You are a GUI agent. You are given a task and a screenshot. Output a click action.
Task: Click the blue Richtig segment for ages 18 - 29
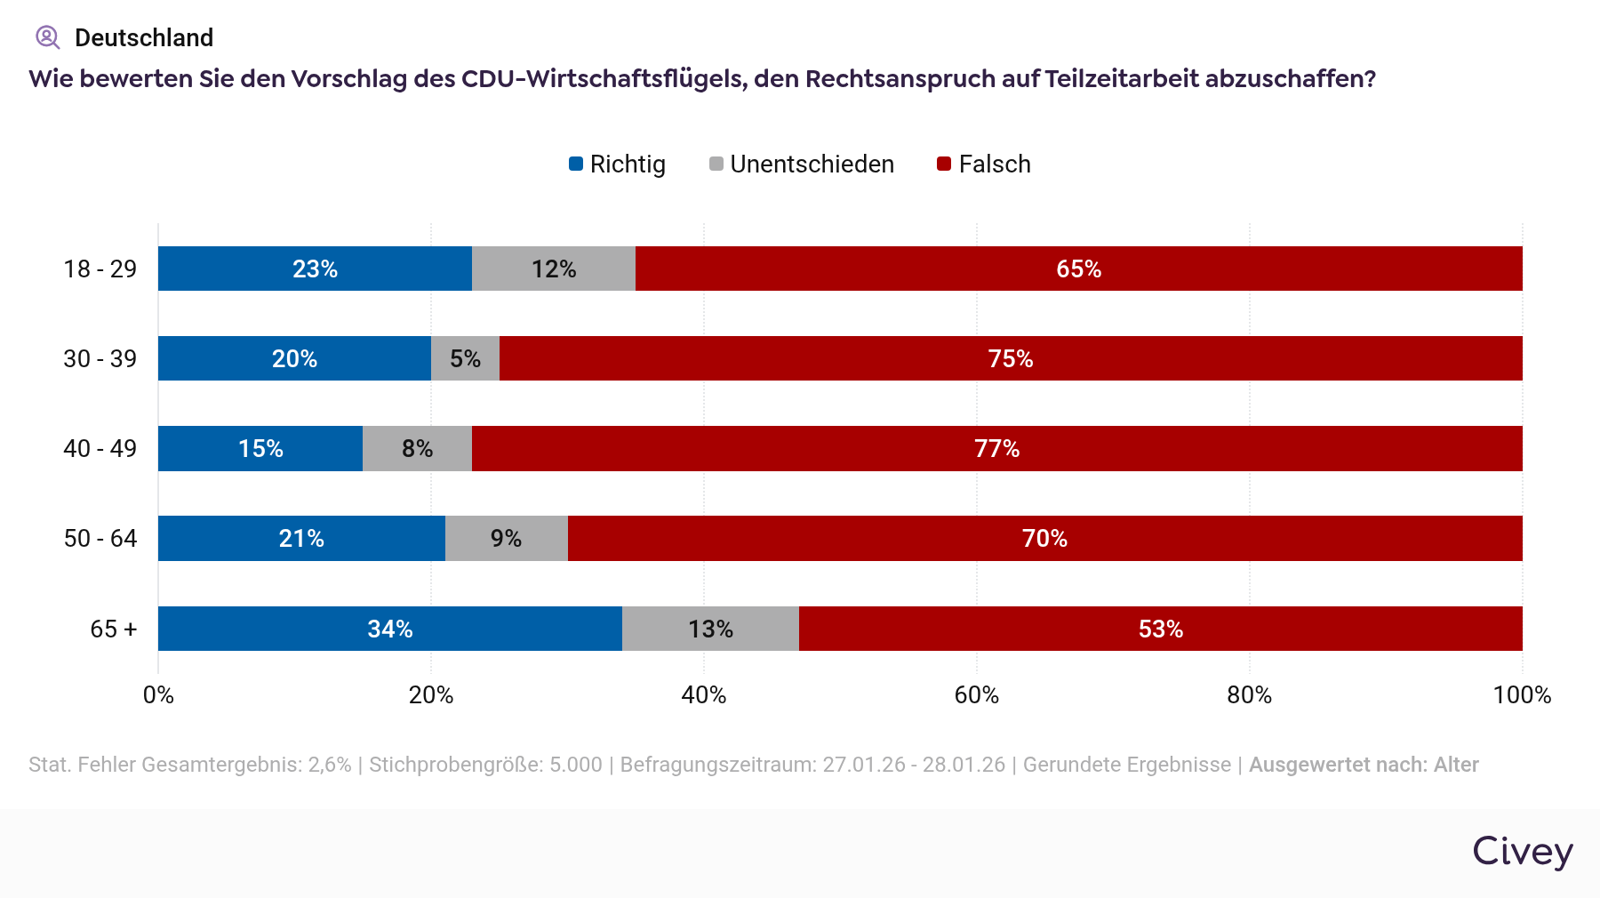[x=315, y=269]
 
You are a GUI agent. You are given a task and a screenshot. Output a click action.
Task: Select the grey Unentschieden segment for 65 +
[x=710, y=629]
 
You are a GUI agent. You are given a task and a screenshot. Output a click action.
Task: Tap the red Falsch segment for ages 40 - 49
[x=996, y=448]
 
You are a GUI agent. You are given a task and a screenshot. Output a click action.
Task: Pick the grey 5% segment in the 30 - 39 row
[x=465, y=358]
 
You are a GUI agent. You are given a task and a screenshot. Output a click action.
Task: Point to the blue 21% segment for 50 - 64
[x=301, y=538]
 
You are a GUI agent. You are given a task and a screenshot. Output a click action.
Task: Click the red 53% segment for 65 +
[x=1160, y=629]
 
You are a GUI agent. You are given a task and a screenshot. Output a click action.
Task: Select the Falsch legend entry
[x=985, y=164]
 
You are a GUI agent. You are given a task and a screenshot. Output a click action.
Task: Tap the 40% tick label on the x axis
[x=703, y=695]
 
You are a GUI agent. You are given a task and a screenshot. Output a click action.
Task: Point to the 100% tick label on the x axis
[x=1522, y=695]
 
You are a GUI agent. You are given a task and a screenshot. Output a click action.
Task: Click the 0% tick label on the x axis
[x=158, y=695]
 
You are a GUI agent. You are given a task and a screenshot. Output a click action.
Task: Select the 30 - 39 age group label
[x=100, y=359]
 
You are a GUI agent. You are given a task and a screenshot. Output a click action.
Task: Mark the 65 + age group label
[x=113, y=629]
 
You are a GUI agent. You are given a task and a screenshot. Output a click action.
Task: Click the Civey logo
[x=1522, y=852]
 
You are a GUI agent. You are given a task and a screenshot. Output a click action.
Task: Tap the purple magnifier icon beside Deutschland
[x=47, y=37]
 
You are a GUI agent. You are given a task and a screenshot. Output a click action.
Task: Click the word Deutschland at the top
[x=144, y=38]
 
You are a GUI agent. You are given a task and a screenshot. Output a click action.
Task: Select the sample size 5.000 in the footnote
[x=575, y=765]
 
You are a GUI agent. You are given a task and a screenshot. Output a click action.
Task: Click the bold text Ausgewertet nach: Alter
[x=1364, y=765]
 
